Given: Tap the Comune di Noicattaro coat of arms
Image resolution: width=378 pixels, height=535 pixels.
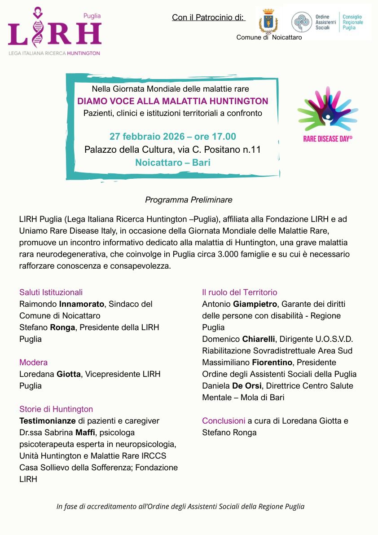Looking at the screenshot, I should (x=269, y=22).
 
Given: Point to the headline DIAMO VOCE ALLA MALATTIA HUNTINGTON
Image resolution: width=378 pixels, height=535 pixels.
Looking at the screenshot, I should (x=173, y=101).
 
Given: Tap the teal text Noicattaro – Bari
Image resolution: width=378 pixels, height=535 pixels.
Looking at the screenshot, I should (x=173, y=162).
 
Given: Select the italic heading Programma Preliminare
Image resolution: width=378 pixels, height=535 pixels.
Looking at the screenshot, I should (x=189, y=199).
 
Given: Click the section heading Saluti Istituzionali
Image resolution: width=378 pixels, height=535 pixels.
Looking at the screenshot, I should (x=51, y=292).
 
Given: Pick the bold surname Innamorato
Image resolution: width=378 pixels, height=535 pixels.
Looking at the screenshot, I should (x=81, y=304).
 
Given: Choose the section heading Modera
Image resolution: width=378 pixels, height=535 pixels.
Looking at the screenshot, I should (x=33, y=363).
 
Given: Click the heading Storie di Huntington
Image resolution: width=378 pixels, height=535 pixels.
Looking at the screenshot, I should (x=56, y=409).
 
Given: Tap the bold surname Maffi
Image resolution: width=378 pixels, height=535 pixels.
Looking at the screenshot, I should (x=81, y=433).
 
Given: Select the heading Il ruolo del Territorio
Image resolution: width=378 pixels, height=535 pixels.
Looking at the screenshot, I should (x=239, y=292).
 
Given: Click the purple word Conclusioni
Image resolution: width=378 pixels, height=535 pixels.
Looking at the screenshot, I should (x=224, y=421).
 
